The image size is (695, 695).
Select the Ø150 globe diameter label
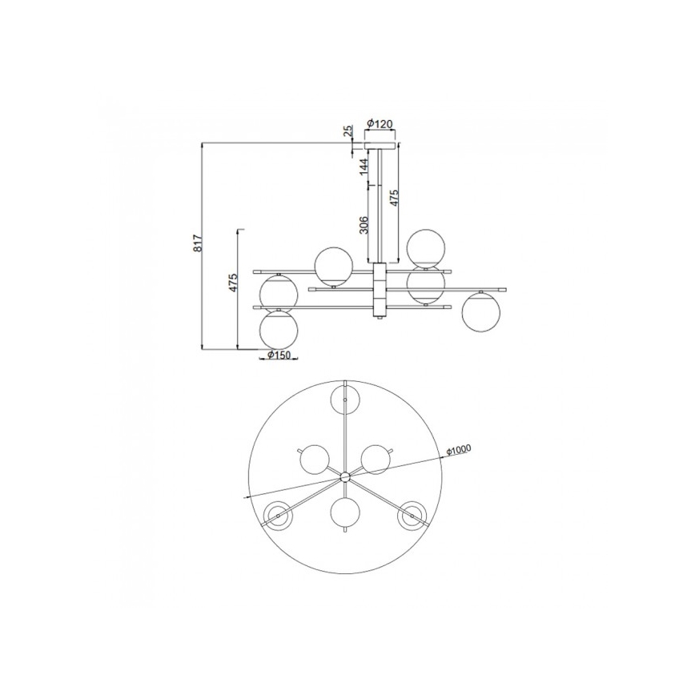click(277, 356)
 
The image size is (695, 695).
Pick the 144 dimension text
click(364, 167)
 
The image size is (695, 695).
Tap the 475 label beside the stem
click(393, 198)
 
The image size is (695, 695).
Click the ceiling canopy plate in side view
click(380, 147)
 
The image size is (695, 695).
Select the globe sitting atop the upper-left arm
click(332, 267)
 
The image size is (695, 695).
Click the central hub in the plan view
click(345, 476)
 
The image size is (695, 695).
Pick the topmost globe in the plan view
click(346, 397)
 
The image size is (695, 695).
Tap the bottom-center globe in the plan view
click(346, 511)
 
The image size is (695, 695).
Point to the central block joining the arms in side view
click(380, 291)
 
